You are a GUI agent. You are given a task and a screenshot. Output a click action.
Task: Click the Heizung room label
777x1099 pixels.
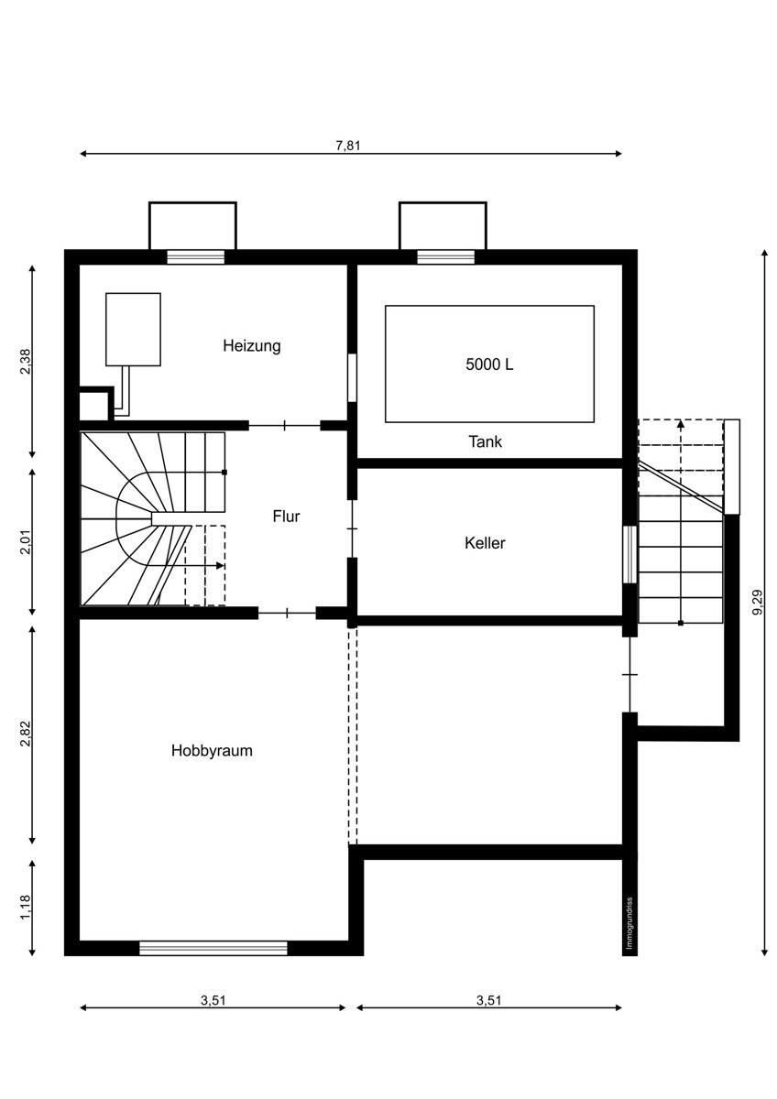click(x=252, y=346)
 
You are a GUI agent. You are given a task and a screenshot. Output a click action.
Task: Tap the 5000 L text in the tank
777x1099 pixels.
click(x=489, y=365)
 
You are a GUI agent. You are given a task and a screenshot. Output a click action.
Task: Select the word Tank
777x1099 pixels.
click(x=485, y=441)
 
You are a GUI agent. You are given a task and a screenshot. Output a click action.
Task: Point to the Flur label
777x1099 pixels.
click(x=286, y=517)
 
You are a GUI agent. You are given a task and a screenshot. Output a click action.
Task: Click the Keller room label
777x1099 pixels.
click(x=485, y=543)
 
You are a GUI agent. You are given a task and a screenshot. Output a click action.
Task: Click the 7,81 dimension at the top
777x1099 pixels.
click(x=348, y=146)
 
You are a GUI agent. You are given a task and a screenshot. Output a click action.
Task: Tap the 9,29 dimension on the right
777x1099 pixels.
click(x=758, y=602)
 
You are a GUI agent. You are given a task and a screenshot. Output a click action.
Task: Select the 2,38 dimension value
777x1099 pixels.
click(x=25, y=362)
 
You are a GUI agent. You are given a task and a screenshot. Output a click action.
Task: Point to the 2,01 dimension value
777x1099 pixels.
click(x=25, y=542)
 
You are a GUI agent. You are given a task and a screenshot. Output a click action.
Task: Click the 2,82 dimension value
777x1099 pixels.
click(x=25, y=734)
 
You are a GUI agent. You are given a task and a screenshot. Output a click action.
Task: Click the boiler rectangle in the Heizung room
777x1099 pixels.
click(x=133, y=330)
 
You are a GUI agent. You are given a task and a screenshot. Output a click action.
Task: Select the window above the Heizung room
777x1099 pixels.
click(x=195, y=257)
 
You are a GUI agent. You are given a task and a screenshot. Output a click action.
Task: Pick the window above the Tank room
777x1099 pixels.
click(x=445, y=257)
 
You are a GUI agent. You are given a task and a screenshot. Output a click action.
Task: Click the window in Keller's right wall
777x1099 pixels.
click(x=629, y=555)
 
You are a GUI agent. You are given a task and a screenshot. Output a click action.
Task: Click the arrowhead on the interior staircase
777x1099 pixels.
click(x=221, y=566)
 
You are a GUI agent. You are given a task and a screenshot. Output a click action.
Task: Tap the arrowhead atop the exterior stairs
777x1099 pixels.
click(x=680, y=424)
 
